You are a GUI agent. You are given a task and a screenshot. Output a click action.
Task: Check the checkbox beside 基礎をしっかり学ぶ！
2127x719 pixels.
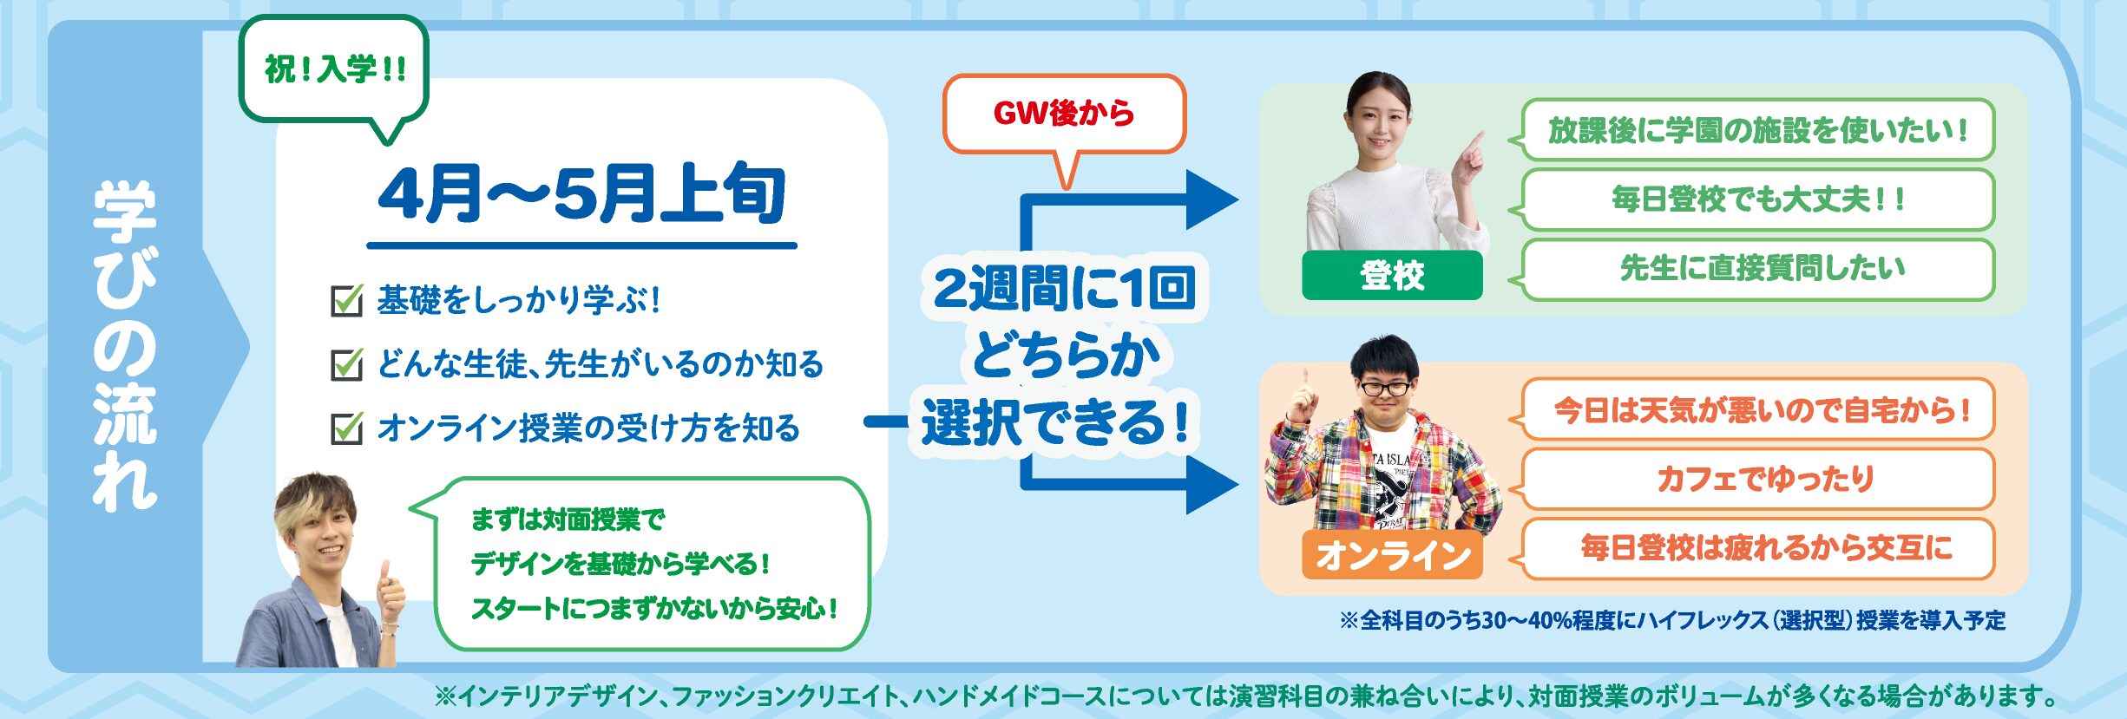click(347, 300)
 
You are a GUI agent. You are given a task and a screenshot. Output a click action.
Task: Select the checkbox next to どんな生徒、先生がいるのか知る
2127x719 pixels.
click(347, 364)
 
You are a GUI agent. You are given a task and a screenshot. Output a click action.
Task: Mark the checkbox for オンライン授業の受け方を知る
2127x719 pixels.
click(347, 428)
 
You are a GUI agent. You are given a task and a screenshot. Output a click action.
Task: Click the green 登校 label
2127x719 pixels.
click(1392, 276)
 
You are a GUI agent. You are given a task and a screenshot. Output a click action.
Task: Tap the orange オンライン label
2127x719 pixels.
click(1392, 555)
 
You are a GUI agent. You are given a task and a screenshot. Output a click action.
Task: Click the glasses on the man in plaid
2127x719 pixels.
click(1386, 388)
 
